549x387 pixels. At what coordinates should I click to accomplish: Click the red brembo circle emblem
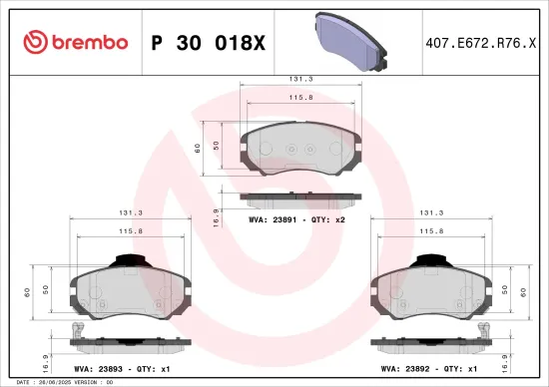[37, 43]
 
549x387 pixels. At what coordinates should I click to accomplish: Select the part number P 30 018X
[207, 43]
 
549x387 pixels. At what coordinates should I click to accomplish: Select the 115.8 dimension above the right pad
[431, 230]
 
